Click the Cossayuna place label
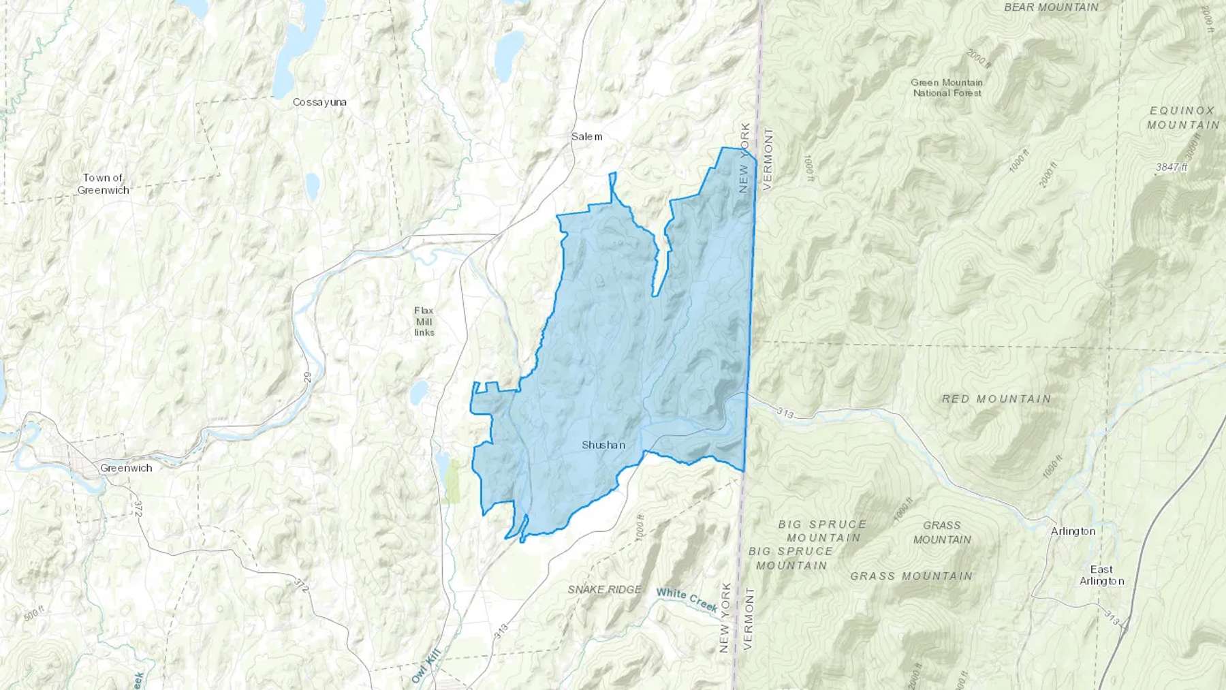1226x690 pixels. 319,102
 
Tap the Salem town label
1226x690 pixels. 586,136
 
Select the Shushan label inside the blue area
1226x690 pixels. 603,445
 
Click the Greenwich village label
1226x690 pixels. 126,468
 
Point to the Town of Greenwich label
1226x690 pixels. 103,184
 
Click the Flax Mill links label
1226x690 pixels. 424,322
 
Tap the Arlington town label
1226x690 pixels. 1073,531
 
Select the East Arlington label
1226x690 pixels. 1101,575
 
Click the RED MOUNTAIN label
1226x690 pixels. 996,398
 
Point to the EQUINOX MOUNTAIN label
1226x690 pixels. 1183,117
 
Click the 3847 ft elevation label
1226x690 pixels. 1172,167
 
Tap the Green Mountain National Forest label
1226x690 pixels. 947,87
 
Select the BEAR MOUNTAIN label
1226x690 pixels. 1051,7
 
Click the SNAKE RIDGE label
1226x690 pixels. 605,589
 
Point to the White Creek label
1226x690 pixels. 687,599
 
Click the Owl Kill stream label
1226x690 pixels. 426,665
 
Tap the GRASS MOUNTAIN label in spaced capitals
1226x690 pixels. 911,576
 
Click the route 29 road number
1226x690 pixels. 307,377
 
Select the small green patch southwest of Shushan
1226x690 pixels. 452,481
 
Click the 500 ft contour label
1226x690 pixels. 33,613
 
